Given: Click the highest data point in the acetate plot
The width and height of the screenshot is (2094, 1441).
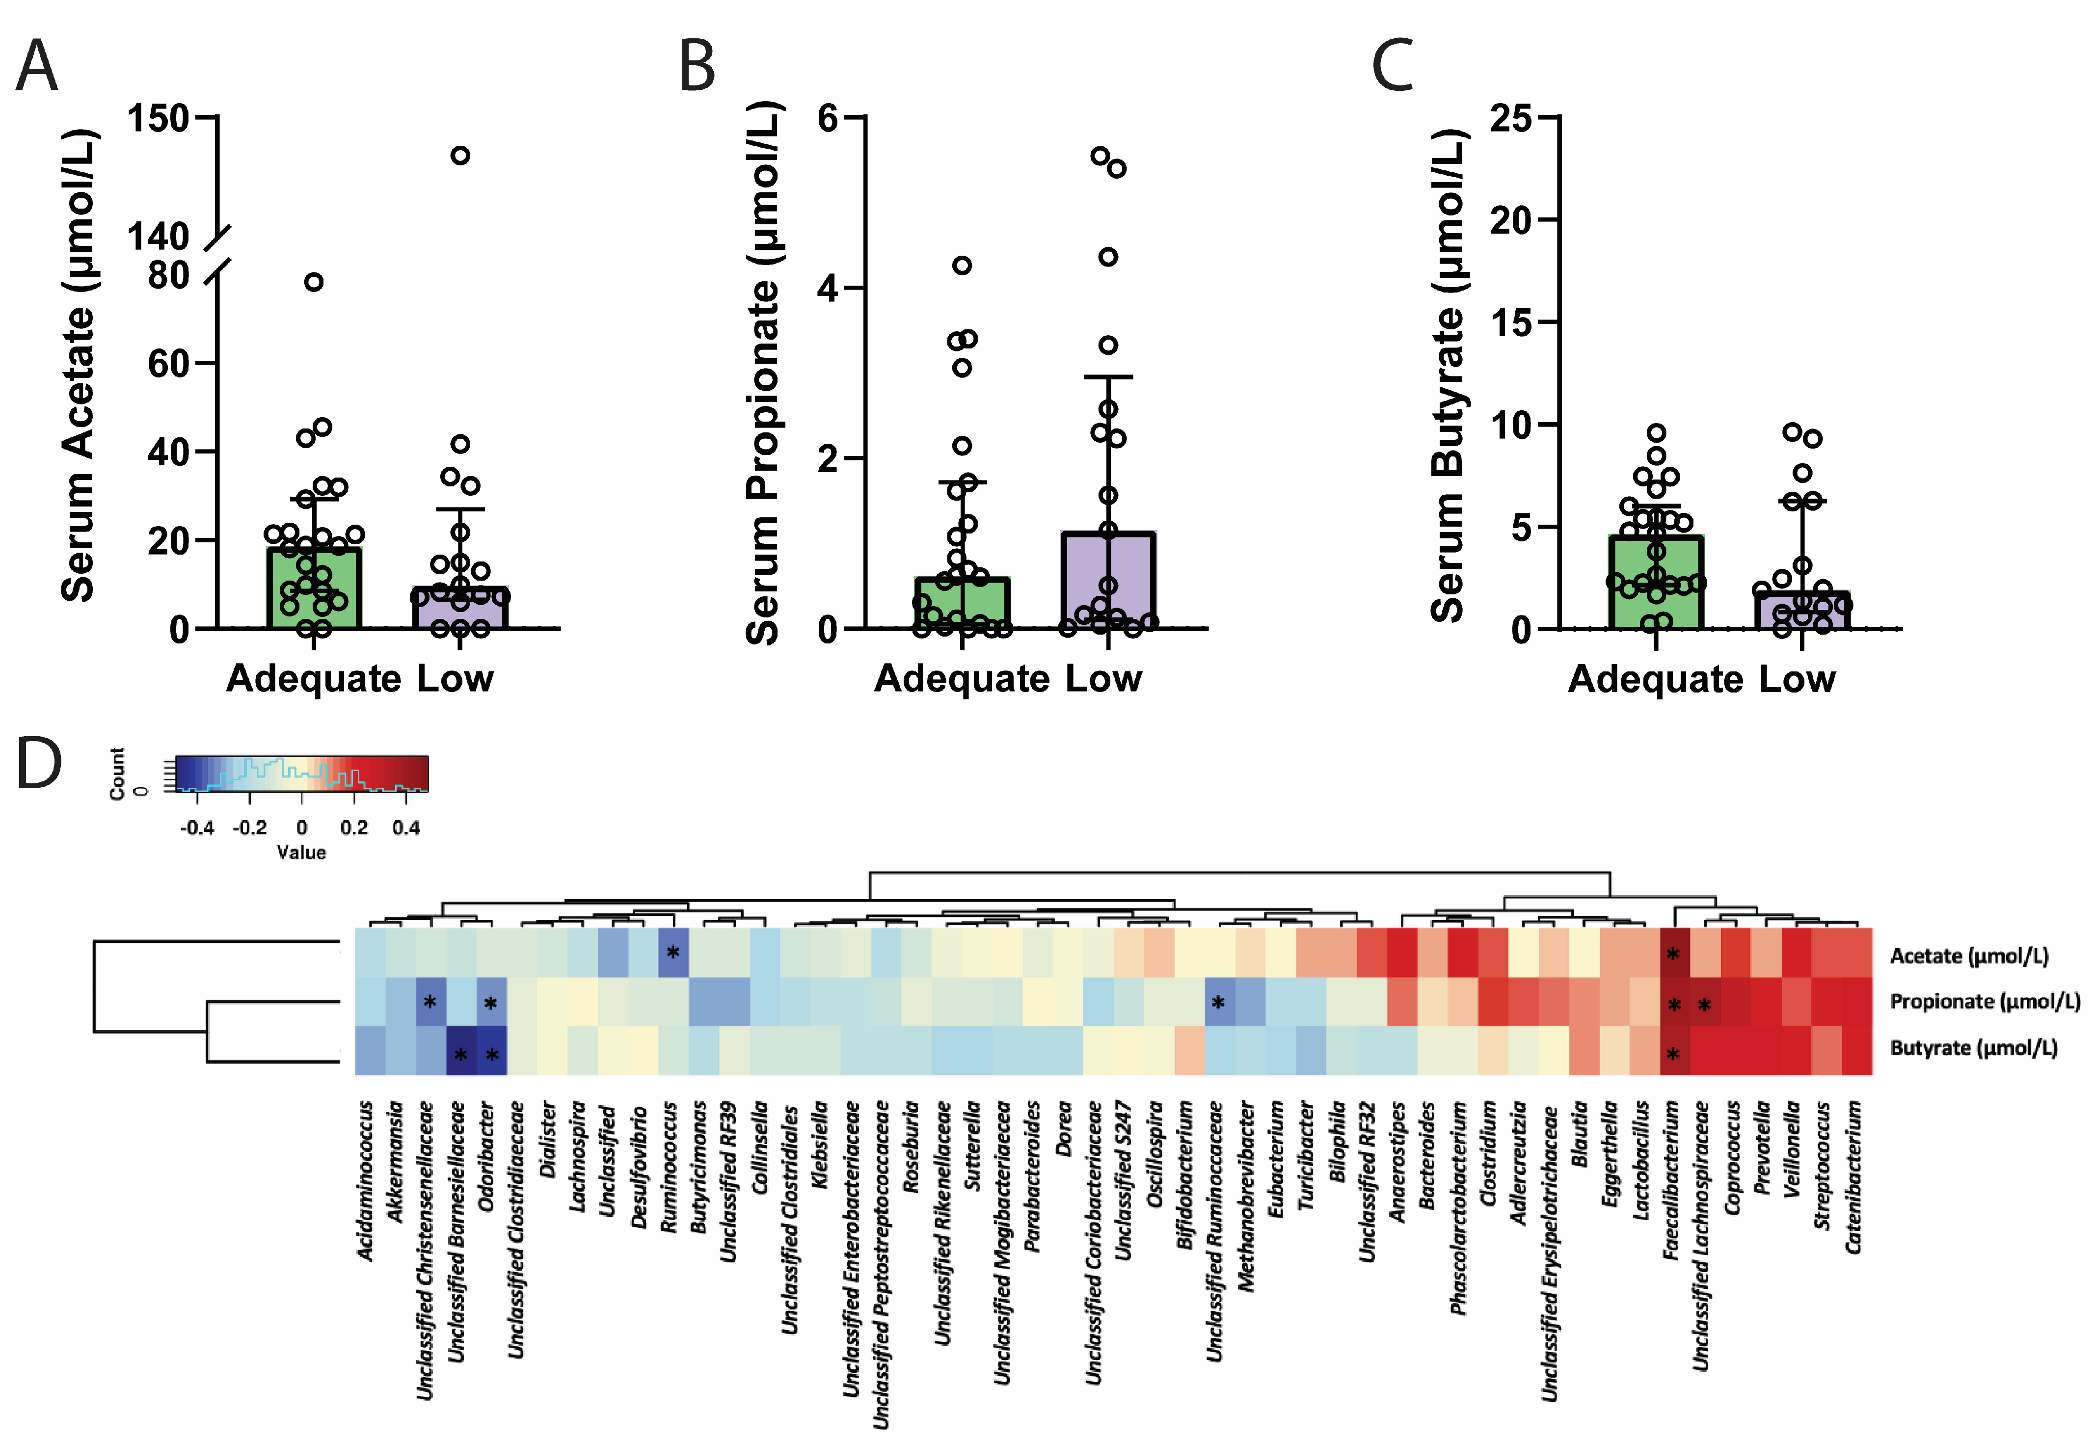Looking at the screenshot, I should (x=459, y=155).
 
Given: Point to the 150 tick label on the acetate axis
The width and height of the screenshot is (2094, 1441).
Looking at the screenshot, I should (x=158, y=118).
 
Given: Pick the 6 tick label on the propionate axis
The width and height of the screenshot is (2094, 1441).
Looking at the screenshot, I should (x=828, y=118).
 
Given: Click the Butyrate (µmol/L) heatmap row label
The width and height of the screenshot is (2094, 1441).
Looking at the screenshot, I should (x=1973, y=1048).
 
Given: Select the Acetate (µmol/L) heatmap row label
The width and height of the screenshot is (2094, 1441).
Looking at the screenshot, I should (x=1968, y=955).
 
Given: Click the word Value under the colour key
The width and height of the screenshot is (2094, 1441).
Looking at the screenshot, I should (x=301, y=853).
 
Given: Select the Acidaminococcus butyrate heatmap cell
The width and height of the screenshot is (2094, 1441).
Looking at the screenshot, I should (x=370, y=1050).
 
